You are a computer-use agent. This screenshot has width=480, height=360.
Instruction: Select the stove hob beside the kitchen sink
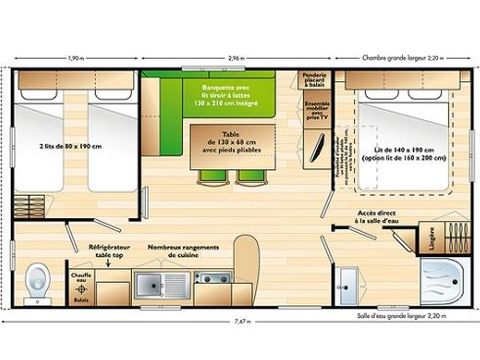click(212, 282)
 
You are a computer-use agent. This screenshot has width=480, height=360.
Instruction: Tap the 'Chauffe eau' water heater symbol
click(81, 275)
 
